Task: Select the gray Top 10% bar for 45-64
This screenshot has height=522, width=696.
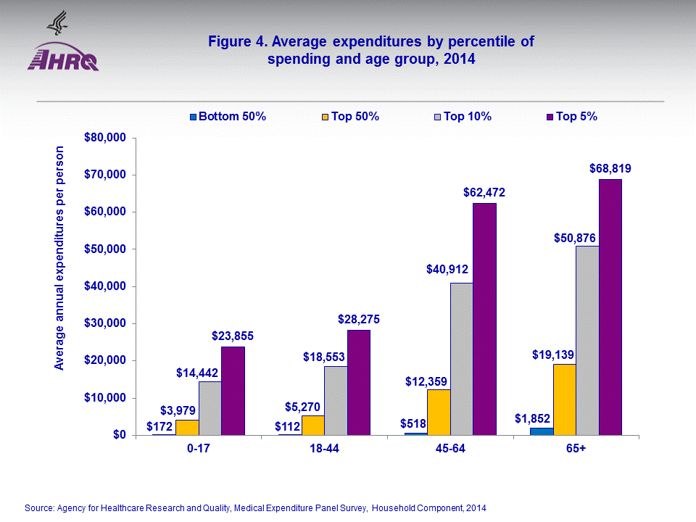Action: coord(462,359)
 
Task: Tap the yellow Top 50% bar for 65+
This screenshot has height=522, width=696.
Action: coord(564,399)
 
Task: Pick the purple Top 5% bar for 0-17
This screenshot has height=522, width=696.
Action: coord(233,391)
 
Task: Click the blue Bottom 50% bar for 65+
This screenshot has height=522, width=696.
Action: coord(542,431)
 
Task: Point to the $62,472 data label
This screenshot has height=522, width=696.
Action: coord(484,193)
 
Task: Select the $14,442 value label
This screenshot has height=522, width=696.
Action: coord(197,373)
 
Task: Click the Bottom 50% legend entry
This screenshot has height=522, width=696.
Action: coord(228,116)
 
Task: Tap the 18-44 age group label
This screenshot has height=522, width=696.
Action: coord(324,449)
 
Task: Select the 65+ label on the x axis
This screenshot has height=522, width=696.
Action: coord(576,449)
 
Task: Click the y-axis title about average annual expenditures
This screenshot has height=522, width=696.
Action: coord(59,257)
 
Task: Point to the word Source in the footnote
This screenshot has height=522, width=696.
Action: coord(39,508)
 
